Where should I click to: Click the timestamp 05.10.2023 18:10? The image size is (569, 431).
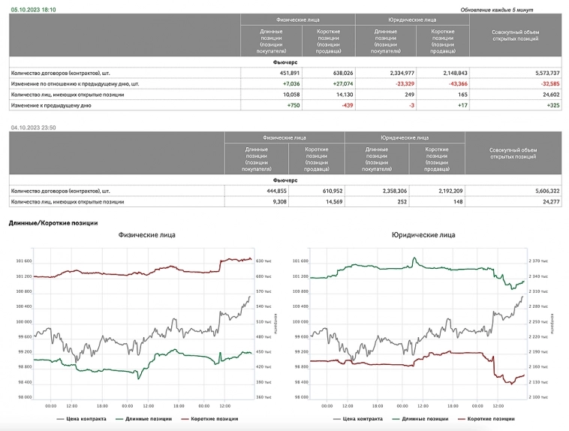(33, 10)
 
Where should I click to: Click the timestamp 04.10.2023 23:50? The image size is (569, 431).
(35, 128)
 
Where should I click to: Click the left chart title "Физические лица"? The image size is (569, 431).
(147, 235)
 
